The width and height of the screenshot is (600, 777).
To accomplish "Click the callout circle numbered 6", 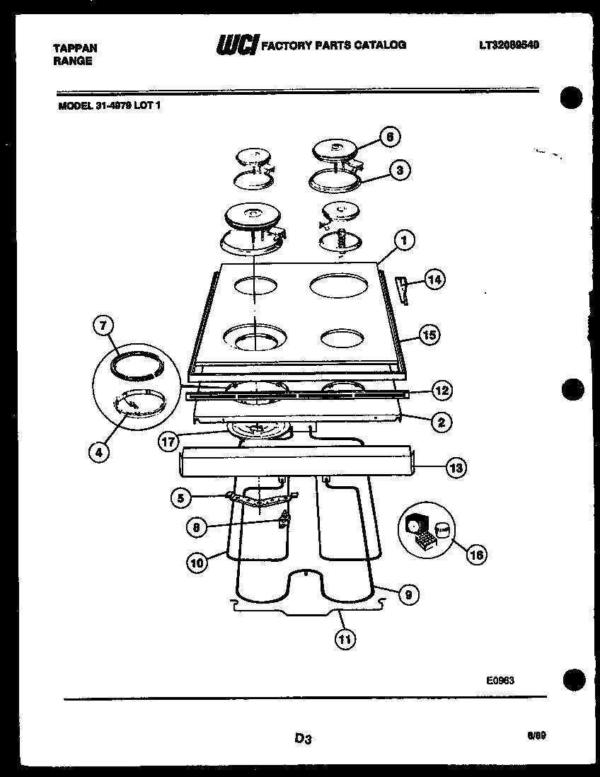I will pyautogui.click(x=388, y=137).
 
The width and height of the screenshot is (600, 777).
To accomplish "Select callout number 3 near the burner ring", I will pyautogui.click(x=400, y=171).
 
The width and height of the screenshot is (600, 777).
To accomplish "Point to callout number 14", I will pyautogui.click(x=434, y=280).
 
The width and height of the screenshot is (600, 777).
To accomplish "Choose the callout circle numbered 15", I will pyautogui.click(x=429, y=335).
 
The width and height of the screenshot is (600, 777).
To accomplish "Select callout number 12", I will pyautogui.click(x=441, y=390).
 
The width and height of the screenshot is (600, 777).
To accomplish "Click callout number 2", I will pyautogui.click(x=441, y=422).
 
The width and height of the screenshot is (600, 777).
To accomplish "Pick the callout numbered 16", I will pyautogui.click(x=477, y=555).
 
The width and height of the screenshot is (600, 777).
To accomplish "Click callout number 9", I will pyautogui.click(x=405, y=595).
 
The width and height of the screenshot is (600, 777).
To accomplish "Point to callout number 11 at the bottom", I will pyautogui.click(x=345, y=639).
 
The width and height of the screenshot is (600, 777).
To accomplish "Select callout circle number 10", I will pyautogui.click(x=197, y=563).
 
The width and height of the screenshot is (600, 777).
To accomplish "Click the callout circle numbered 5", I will pyautogui.click(x=181, y=499).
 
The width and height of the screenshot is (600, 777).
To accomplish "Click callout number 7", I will pyautogui.click(x=103, y=326).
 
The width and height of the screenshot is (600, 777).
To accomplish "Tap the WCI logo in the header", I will pyautogui.click(x=237, y=44).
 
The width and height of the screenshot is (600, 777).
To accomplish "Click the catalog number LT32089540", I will pyautogui.click(x=509, y=45).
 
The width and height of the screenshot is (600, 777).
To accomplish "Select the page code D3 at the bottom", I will pyautogui.click(x=303, y=739).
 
